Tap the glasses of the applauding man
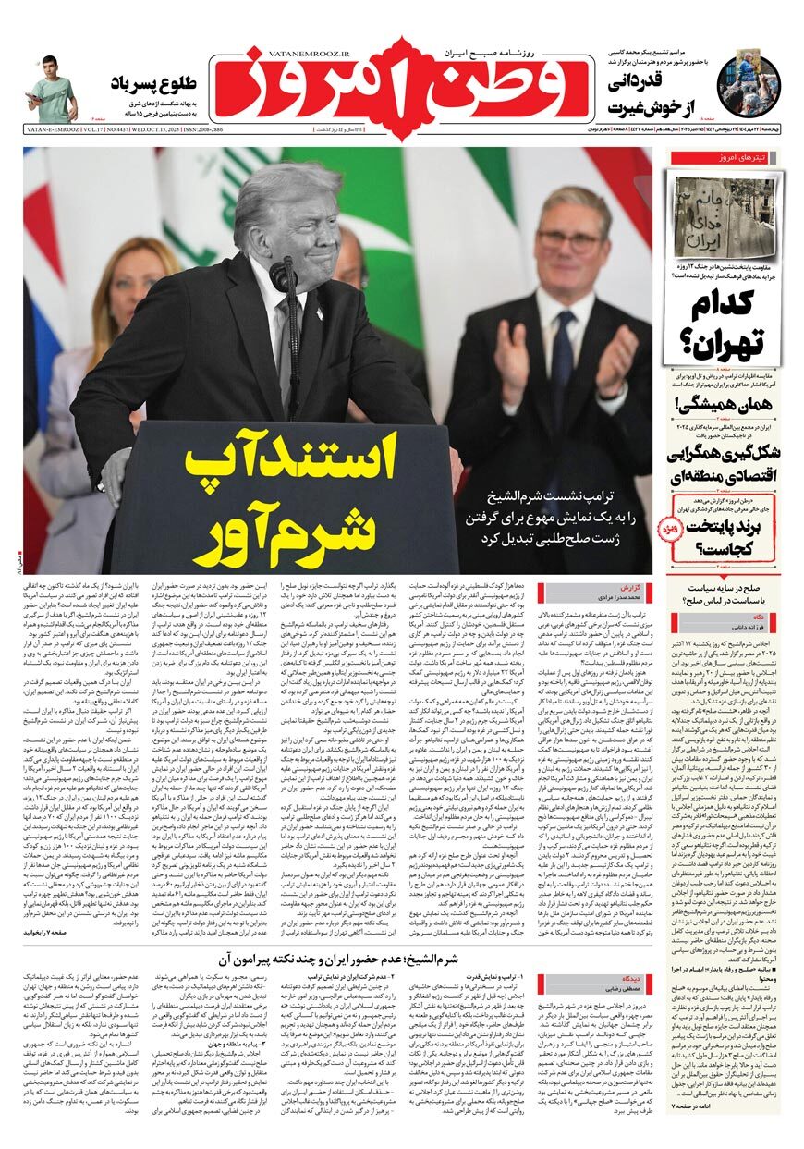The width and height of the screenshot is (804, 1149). point(567,242)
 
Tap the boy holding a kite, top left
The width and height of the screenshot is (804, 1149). point(53,90)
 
